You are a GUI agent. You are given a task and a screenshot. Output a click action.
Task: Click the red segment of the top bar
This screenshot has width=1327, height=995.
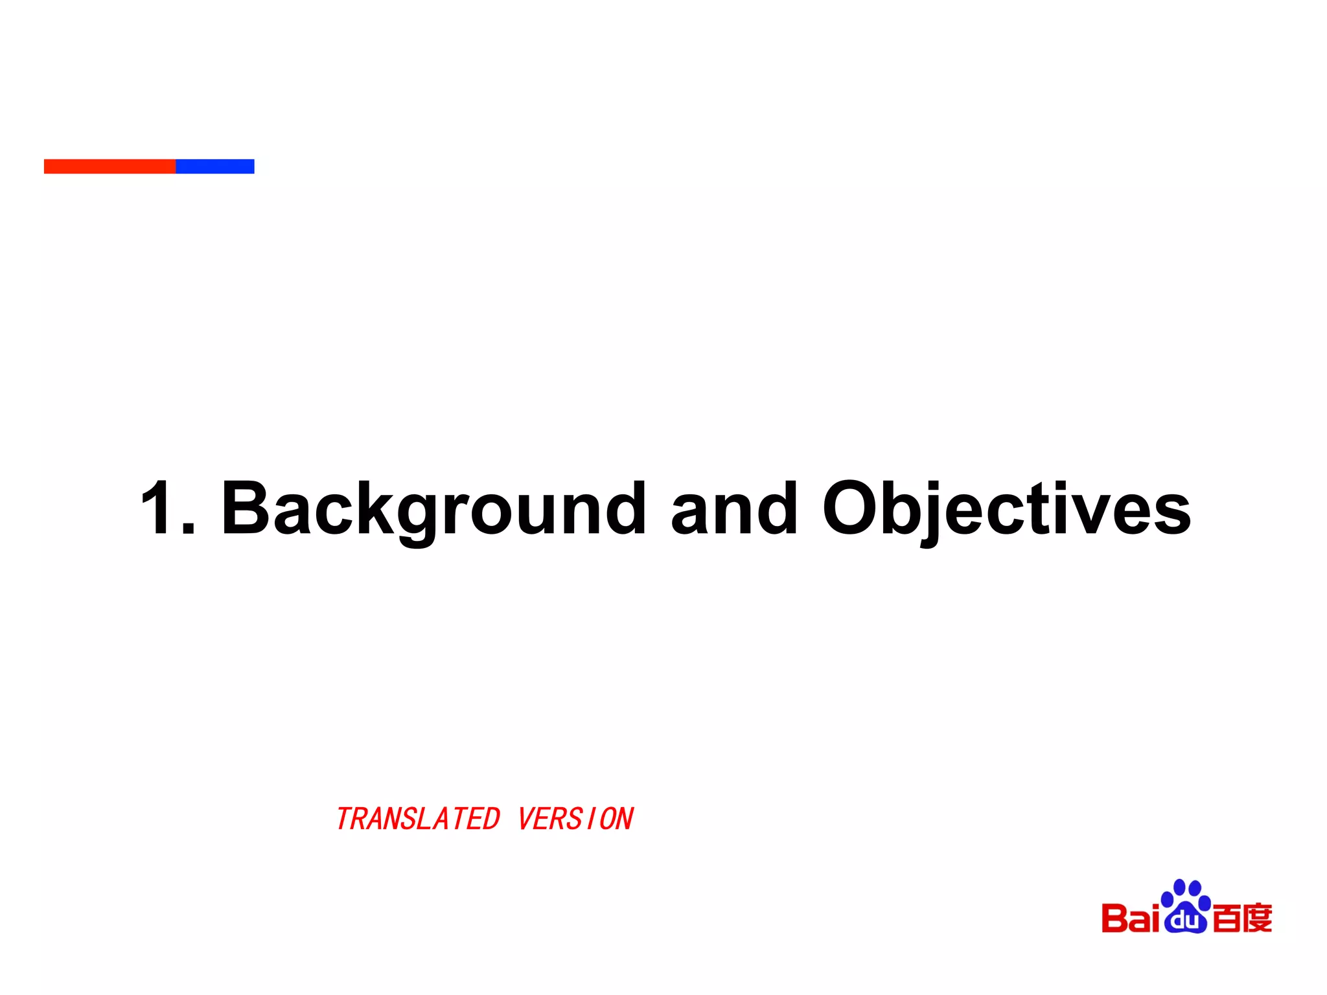tap(110, 166)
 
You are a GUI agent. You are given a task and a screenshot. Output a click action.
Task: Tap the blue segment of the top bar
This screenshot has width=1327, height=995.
tap(214, 166)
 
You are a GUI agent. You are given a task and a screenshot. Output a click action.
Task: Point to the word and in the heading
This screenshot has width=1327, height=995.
tap(733, 509)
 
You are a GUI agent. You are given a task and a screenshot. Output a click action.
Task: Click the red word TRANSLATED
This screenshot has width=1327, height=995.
tap(418, 819)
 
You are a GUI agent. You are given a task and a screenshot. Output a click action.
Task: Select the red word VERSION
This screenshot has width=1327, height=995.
tap(575, 819)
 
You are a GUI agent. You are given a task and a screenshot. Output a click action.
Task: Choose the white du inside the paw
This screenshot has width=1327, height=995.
tap(1185, 920)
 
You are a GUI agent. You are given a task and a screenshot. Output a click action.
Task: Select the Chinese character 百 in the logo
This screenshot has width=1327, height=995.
tap(1226, 919)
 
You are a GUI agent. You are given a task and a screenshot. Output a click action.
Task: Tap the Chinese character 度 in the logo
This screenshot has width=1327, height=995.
tap(1258, 919)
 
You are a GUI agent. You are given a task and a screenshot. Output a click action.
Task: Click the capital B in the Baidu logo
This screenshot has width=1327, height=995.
tap(1114, 919)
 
